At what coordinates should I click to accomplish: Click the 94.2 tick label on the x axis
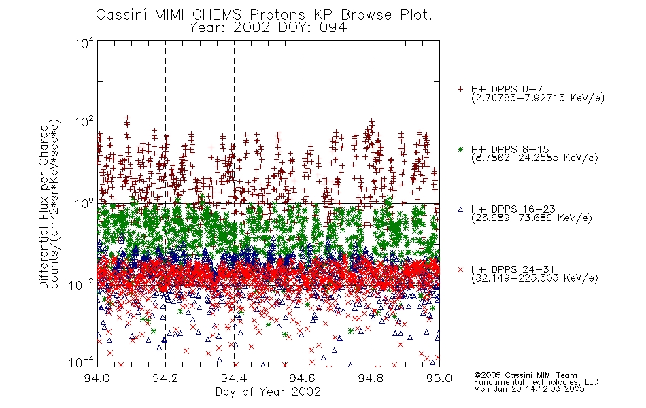click(x=165, y=378)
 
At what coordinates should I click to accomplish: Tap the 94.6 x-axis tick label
click(x=303, y=378)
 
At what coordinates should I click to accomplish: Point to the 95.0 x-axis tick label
click(x=439, y=378)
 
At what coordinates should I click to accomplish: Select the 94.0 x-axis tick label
click(x=97, y=378)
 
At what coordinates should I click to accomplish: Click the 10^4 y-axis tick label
click(x=84, y=43)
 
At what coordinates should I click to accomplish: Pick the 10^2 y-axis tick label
click(x=84, y=122)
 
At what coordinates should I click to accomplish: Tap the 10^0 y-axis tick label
click(x=84, y=204)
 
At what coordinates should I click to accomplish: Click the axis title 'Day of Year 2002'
click(x=268, y=392)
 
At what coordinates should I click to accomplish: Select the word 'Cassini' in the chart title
click(x=122, y=15)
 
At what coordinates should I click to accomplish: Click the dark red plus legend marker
click(x=460, y=89)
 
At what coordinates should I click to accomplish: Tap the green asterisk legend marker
click(x=460, y=149)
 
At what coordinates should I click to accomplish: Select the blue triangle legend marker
click(x=460, y=209)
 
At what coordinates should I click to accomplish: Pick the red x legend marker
click(x=460, y=269)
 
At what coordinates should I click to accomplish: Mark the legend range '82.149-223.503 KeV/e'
click(x=534, y=278)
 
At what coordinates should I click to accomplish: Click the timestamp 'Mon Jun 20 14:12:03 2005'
click(x=529, y=389)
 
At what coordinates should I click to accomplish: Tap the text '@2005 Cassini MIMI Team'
click(x=525, y=375)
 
